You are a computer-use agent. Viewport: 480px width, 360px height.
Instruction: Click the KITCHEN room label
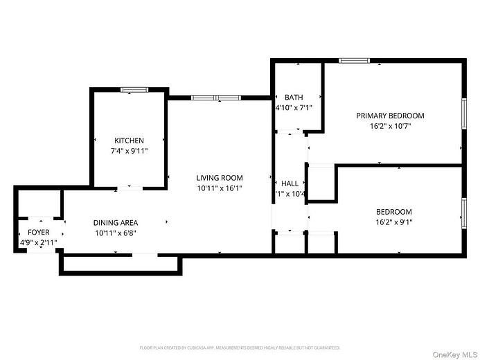(x=130, y=141)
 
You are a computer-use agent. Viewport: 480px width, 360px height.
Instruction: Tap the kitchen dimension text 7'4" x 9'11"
(x=130, y=150)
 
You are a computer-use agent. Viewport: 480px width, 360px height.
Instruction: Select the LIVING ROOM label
(x=219, y=178)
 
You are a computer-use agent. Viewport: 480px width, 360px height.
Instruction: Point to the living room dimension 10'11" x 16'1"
(x=219, y=188)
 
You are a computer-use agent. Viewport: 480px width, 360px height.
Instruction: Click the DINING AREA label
(x=116, y=223)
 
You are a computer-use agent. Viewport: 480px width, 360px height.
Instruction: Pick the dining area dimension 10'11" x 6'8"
(x=116, y=233)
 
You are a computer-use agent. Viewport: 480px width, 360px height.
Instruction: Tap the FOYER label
(x=39, y=233)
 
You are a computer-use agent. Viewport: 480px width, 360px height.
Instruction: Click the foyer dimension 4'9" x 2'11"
(x=39, y=242)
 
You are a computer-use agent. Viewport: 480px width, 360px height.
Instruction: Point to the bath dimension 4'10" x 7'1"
(x=294, y=107)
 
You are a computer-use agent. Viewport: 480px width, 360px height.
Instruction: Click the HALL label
(x=290, y=183)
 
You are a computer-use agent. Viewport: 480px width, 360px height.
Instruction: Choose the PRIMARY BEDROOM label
(x=390, y=116)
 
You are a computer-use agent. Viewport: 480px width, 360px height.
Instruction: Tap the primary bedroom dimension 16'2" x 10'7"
(x=390, y=126)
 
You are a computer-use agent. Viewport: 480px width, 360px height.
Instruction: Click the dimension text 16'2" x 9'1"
(x=393, y=222)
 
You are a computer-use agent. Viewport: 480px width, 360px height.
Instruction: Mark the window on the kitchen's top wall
(x=134, y=89)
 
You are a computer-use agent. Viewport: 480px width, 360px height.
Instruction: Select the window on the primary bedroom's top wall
(x=353, y=61)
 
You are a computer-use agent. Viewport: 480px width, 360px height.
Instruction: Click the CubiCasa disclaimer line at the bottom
(x=240, y=348)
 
